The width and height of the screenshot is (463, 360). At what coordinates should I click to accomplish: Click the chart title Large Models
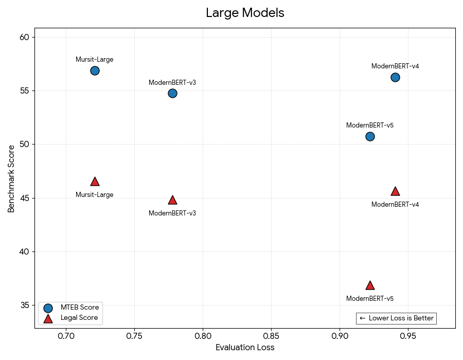pyautogui.click(x=245, y=13)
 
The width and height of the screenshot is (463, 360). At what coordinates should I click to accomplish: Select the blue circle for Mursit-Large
pyautogui.click(x=95, y=70)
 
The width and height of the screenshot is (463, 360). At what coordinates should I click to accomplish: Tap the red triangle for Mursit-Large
pyautogui.click(x=95, y=182)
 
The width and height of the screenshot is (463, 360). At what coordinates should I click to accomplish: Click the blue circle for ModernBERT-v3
pyautogui.click(x=172, y=93)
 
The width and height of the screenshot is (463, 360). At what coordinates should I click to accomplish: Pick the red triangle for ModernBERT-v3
pyautogui.click(x=172, y=200)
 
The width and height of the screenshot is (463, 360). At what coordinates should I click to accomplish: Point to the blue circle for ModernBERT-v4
pyautogui.click(x=395, y=77)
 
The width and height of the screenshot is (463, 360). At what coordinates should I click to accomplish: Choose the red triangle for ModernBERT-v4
pyautogui.click(x=395, y=191)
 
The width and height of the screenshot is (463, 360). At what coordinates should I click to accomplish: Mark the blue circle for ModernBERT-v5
pyautogui.click(x=370, y=136)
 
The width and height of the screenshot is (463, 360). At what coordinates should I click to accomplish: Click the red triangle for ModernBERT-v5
pyautogui.click(x=370, y=285)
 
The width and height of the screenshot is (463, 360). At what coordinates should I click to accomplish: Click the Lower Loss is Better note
pyautogui.click(x=396, y=318)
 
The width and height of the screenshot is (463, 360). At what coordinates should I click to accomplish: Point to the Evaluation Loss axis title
pyautogui.click(x=245, y=348)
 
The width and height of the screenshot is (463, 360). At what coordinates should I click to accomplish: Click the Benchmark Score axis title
pyautogui.click(x=11, y=178)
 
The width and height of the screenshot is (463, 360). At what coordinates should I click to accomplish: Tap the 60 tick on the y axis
pyautogui.click(x=24, y=37)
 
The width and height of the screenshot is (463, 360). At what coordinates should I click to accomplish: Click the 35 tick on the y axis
pyautogui.click(x=24, y=305)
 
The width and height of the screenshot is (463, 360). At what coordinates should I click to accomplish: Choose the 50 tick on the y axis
pyautogui.click(x=24, y=145)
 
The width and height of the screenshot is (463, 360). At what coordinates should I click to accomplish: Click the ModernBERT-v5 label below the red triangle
pyautogui.click(x=370, y=299)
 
